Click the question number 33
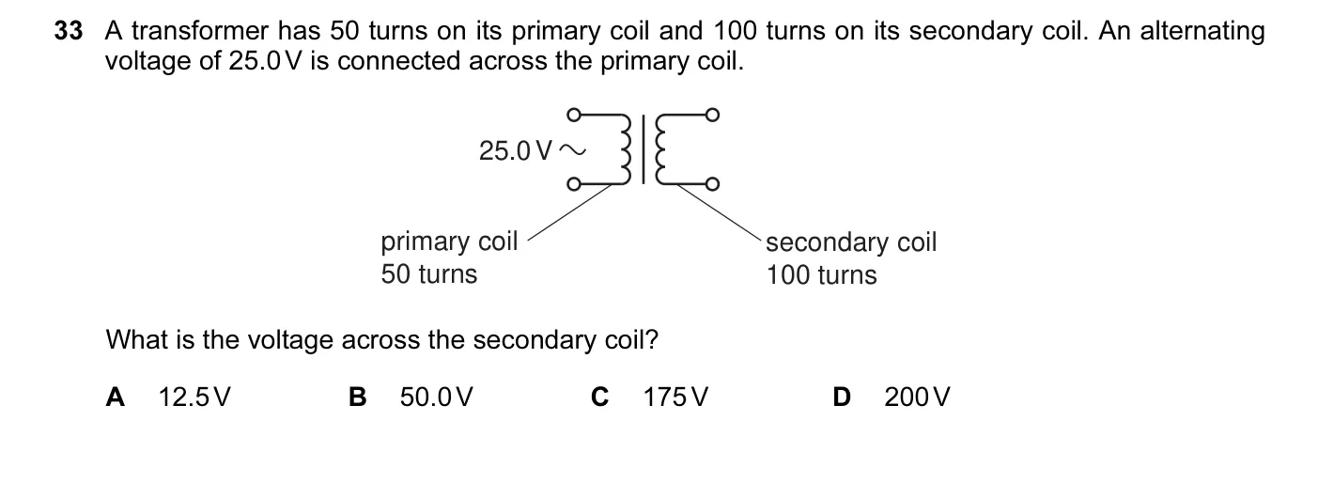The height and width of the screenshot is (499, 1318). click(69, 31)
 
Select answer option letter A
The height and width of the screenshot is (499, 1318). click(116, 397)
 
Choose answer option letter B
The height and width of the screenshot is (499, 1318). click(357, 397)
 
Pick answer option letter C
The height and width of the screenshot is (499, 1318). click(599, 397)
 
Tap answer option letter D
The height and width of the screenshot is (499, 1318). click(842, 397)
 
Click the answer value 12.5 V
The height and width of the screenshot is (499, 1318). click(194, 397)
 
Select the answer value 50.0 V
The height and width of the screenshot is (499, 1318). click(437, 397)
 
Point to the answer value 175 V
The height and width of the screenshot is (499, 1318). click(676, 397)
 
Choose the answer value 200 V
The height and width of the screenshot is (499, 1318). click(917, 397)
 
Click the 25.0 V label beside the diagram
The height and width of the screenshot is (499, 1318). click(516, 150)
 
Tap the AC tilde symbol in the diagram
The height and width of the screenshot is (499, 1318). click(572, 150)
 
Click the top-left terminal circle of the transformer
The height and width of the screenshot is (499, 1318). click(574, 114)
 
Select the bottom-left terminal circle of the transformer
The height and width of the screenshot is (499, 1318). click(574, 184)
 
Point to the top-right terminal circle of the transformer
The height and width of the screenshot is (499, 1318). click(712, 114)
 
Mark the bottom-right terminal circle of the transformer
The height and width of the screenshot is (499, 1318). click(712, 184)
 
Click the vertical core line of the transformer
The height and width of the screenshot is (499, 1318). click(643, 149)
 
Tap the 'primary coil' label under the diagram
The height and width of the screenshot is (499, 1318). click(449, 242)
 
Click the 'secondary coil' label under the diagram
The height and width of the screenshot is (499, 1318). click(851, 242)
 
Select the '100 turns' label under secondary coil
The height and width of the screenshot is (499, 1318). click(821, 275)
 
